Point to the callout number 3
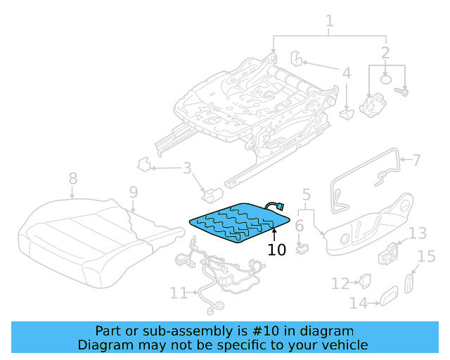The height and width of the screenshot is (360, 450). click(186, 168)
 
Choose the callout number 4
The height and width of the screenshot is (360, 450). click(347, 72)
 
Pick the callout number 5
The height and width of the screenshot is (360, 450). click(306, 193)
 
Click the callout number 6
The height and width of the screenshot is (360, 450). click(299, 226)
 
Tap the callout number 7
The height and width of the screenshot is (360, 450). click(416, 160)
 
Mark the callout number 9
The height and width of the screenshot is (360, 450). click(133, 192)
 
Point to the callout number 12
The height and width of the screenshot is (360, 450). click(340, 283)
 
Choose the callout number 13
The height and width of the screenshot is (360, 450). click(418, 233)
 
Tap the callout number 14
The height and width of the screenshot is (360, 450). click(359, 303)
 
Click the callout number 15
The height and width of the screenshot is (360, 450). click(427, 257)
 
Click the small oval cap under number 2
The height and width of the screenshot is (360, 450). click(386, 79)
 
